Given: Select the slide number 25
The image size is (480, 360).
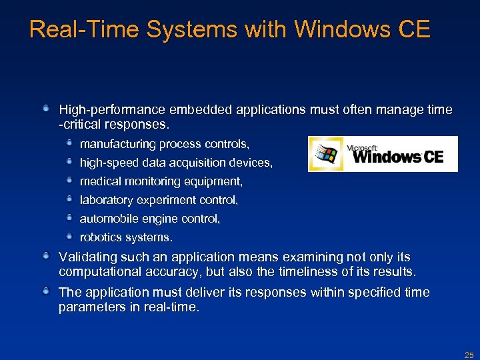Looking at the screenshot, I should [469, 355].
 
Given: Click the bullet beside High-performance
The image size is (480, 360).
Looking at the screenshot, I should [47, 107].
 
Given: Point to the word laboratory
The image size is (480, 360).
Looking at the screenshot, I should [105, 200].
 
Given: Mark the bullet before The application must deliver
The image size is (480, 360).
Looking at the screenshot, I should [47, 291].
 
